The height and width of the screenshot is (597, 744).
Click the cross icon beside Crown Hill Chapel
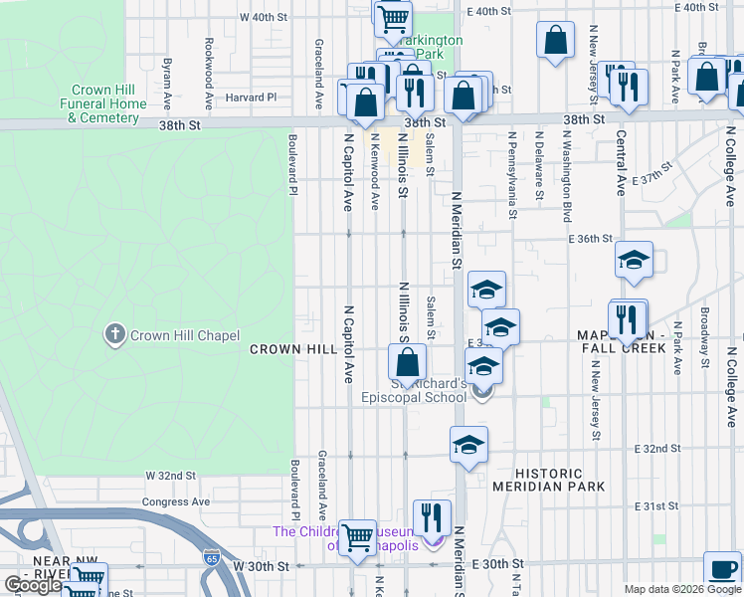115,334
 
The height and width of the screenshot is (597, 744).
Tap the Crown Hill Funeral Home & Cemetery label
103,103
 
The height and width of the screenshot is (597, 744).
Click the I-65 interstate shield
212,556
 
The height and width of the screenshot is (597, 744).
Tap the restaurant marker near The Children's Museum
432,518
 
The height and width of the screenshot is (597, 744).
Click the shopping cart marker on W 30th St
357,538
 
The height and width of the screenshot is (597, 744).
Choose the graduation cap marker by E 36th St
634,262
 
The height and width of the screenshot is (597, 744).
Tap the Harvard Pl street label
251,98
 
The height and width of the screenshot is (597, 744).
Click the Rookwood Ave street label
209,74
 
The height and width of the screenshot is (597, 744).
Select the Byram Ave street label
167,82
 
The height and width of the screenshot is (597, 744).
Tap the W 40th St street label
263,17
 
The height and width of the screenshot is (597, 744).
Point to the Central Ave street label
621,162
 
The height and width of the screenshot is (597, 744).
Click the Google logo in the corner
33,585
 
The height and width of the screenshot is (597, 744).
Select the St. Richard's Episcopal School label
428,390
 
